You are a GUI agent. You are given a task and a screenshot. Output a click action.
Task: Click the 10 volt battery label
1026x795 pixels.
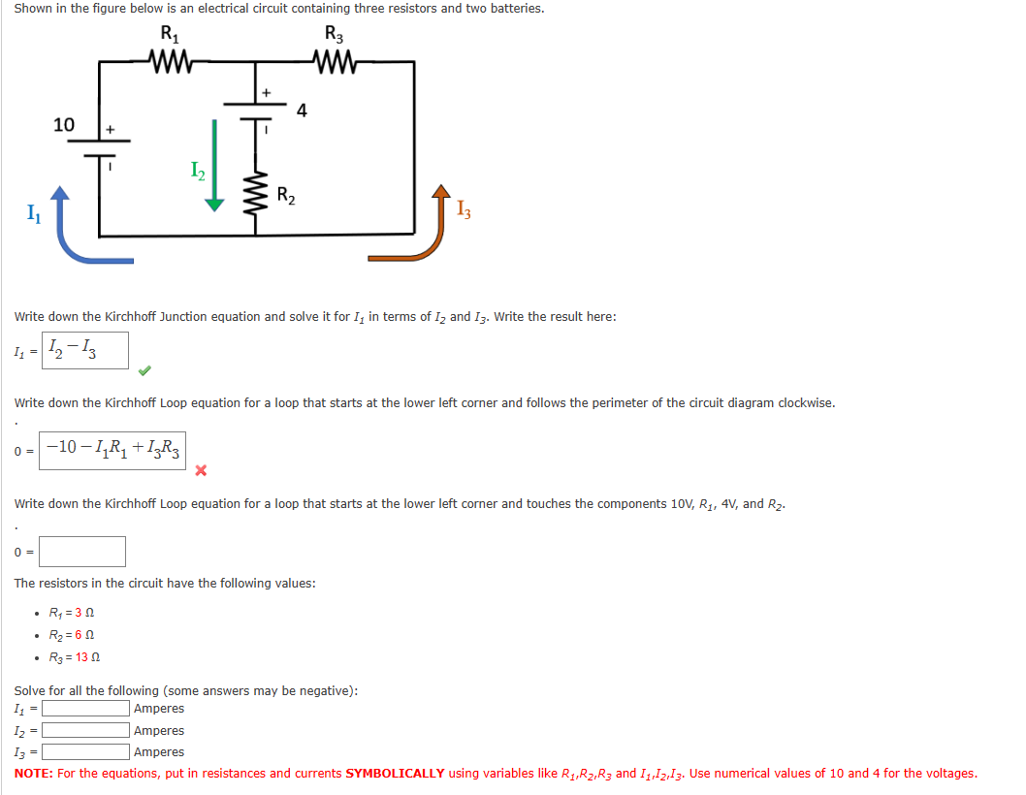(64, 124)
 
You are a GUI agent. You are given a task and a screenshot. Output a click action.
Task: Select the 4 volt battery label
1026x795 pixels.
(302, 110)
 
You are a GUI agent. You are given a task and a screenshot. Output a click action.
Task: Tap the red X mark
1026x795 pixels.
(202, 471)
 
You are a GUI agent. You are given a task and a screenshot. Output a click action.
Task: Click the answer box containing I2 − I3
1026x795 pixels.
(85, 350)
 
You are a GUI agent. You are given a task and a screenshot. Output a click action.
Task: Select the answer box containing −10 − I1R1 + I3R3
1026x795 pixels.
(112, 451)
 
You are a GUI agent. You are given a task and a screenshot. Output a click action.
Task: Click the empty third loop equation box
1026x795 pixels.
(82, 552)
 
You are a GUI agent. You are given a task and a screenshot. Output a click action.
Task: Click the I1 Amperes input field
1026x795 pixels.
(85, 710)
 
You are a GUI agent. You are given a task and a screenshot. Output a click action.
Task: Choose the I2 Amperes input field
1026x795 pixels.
(85, 731)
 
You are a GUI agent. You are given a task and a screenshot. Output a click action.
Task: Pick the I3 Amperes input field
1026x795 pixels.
(85, 751)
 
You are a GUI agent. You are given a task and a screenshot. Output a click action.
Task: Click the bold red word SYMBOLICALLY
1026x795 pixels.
(395, 774)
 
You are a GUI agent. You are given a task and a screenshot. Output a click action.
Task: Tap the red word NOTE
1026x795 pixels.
(33, 774)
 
